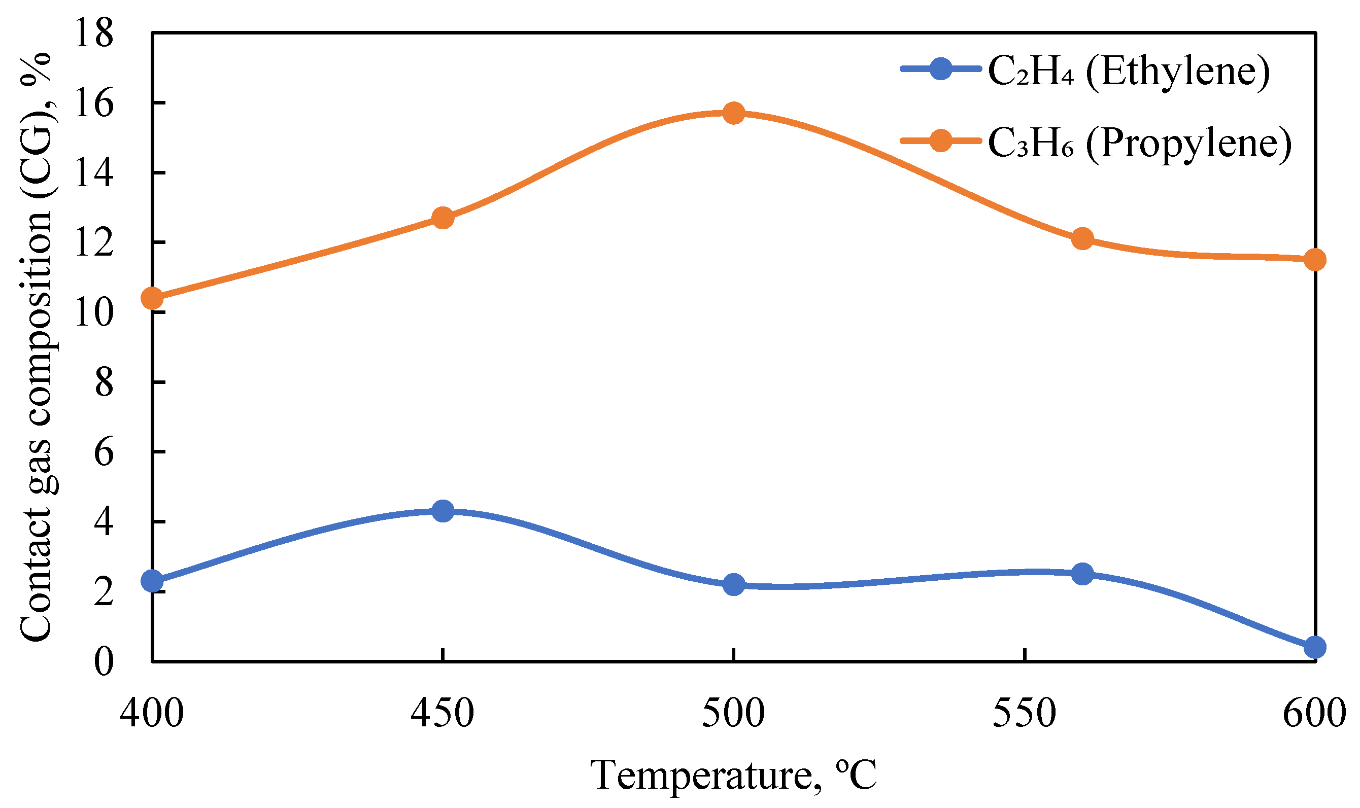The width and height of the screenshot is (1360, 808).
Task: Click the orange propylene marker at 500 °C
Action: point(734,113)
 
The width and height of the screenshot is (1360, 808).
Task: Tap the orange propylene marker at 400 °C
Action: point(152,298)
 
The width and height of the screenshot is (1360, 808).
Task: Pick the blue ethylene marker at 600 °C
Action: point(1315,647)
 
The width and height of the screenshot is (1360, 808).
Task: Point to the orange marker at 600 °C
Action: point(1315,260)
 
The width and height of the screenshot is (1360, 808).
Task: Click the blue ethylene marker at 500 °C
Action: point(734,585)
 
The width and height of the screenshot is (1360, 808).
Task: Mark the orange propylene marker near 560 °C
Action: point(1082,238)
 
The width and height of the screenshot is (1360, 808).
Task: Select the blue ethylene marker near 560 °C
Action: point(1082,573)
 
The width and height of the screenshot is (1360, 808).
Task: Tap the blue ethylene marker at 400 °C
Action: point(152,581)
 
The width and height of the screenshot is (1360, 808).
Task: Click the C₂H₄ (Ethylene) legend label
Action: point(1129,72)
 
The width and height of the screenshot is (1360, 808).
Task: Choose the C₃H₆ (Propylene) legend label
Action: point(1139,144)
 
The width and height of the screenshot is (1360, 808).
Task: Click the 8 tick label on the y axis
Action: point(104,382)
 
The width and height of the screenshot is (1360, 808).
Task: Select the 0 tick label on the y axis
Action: point(104,662)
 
